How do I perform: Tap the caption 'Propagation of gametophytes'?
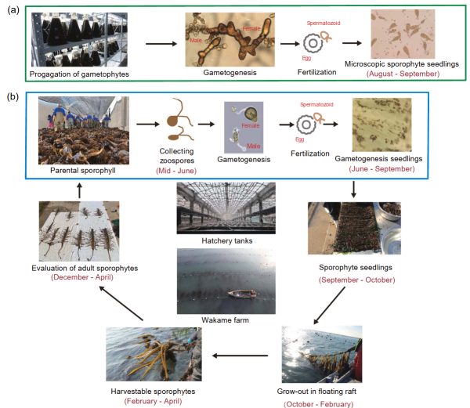coord(79,74)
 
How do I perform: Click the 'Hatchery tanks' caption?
coord(227,240)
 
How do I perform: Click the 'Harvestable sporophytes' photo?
coord(154,353)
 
